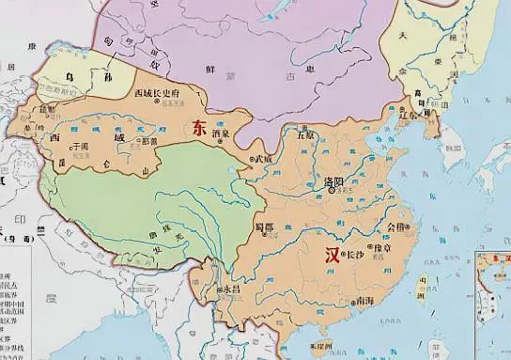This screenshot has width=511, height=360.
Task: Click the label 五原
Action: point(303,134)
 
